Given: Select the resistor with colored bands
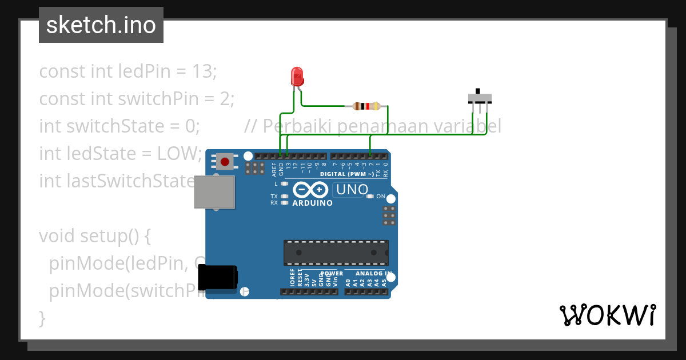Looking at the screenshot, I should [x=366, y=106].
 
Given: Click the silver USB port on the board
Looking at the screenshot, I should [x=214, y=191].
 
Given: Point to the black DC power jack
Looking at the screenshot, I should [x=217, y=278].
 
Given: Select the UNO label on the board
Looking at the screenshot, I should [x=352, y=189].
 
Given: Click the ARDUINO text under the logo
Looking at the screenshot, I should [x=312, y=203].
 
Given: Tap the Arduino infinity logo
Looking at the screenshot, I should [x=310, y=189].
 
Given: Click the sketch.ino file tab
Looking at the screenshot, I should [x=101, y=25].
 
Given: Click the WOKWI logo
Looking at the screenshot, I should [x=607, y=315].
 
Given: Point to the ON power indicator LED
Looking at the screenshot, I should [x=370, y=197].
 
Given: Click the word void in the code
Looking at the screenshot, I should [x=57, y=236].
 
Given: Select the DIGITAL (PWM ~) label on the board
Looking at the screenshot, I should [x=348, y=174].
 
